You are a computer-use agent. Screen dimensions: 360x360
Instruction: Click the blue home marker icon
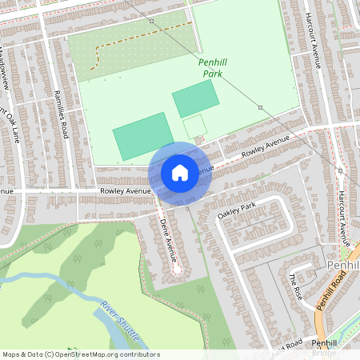click(180, 173)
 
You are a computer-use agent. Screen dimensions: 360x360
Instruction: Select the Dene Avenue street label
click(169, 241)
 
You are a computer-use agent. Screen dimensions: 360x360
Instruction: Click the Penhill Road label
click(330, 290)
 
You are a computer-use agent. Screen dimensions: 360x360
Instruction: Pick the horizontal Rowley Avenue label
click(126, 192)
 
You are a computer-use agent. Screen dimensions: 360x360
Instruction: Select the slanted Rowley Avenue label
click(265, 145)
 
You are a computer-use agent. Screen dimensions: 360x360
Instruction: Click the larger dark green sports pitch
click(142, 136)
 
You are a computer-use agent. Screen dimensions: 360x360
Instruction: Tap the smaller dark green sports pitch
click(195, 98)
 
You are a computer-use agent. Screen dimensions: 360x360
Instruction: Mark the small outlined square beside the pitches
click(195, 126)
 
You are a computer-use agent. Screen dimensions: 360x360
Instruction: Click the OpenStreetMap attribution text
click(81, 354)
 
